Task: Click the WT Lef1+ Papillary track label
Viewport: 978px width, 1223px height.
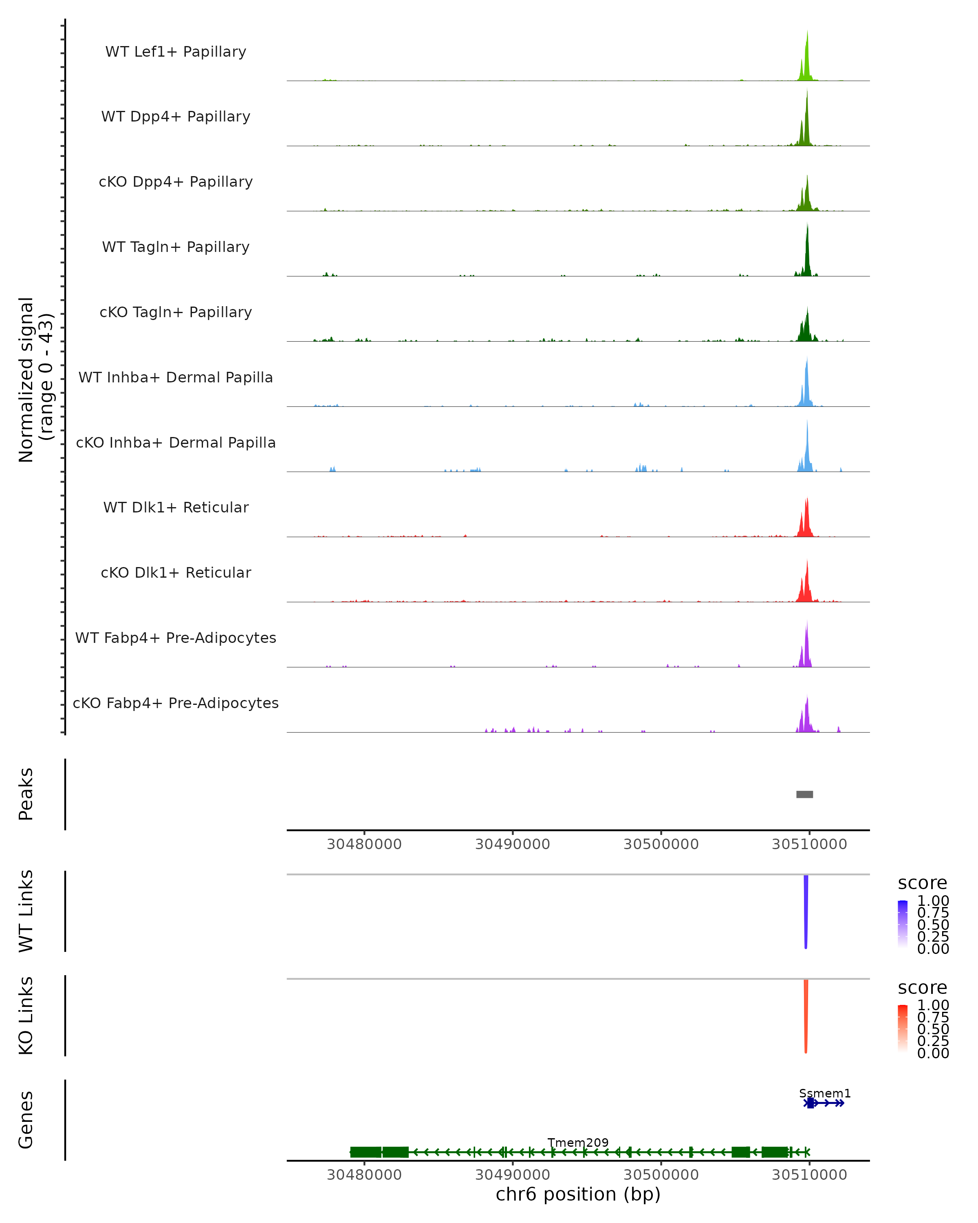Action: pyautogui.click(x=176, y=52)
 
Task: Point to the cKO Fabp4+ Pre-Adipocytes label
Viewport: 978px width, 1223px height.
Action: pyautogui.click(x=176, y=703)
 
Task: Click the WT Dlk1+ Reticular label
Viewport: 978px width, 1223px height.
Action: pyautogui.click(x=176, y=508)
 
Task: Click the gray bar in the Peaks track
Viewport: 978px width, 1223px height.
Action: pyautogui.click(x=804, y=794)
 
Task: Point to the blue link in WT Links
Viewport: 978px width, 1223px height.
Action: pyautogui.click(x=806, y=910)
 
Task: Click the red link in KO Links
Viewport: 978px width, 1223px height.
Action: pyautogui.click(x=806, y=1015)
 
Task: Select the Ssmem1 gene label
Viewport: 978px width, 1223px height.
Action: pyautogui.click(x=825, y=1093)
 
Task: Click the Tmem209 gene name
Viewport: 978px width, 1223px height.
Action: pyautogui.click(x=578, y=1142)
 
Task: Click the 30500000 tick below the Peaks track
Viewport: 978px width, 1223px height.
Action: pyautogui.click(x=661, y=844)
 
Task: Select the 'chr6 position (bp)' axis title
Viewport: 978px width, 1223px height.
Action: pyautogui.click(x=578, y=1194)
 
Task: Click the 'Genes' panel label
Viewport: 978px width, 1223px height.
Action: pyautogui.click(x=26, y=1120)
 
